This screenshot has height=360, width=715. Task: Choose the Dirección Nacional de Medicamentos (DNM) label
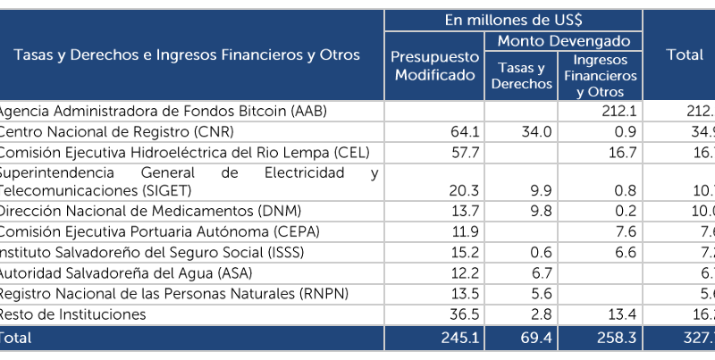pyautogui.click(x=148, y=211)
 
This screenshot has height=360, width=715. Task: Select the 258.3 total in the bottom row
pyautogui.click(x=614, y=338)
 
